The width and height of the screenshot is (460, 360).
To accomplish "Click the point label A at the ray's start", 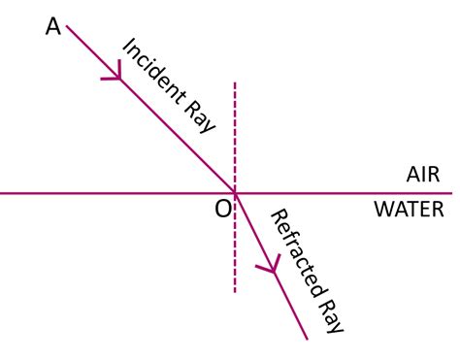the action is (53, 27).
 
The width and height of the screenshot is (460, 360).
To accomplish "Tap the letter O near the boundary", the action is (222, 210).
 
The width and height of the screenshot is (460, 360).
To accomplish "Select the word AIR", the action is (423, 176).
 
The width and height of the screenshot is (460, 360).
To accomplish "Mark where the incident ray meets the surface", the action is (235, 193).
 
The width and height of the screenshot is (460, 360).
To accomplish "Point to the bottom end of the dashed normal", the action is (235, 291).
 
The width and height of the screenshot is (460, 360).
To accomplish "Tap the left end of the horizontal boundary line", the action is (2, 193).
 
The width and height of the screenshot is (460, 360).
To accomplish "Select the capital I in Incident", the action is (125, 44).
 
